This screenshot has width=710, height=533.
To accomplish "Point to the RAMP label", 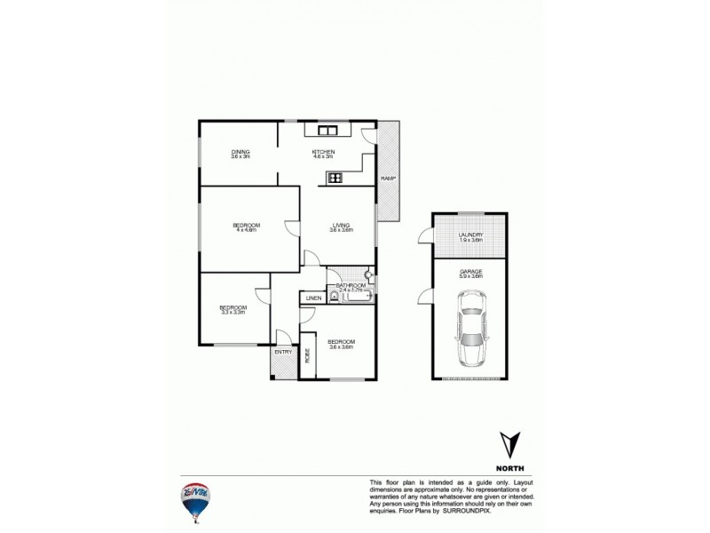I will pyautogui.click(x=388, y=179).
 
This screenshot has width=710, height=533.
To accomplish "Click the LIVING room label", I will pyautogui.click(x=341, y=227).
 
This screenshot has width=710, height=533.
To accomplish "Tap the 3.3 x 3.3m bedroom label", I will pyautogui.click(x=232, y=309).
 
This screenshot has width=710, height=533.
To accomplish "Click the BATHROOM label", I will pyautogui.click(x=351, y=285).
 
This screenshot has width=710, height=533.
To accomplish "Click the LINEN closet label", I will pyautogui.click(x=312, y=298).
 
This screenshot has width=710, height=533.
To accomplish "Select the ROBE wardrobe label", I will pyautogui.click(x=308, y=355).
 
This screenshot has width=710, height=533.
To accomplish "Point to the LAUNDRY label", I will pyautogui.click(x=470, y=236).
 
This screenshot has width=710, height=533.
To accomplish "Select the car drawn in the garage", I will pyautogui.click(x=470, y=334).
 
